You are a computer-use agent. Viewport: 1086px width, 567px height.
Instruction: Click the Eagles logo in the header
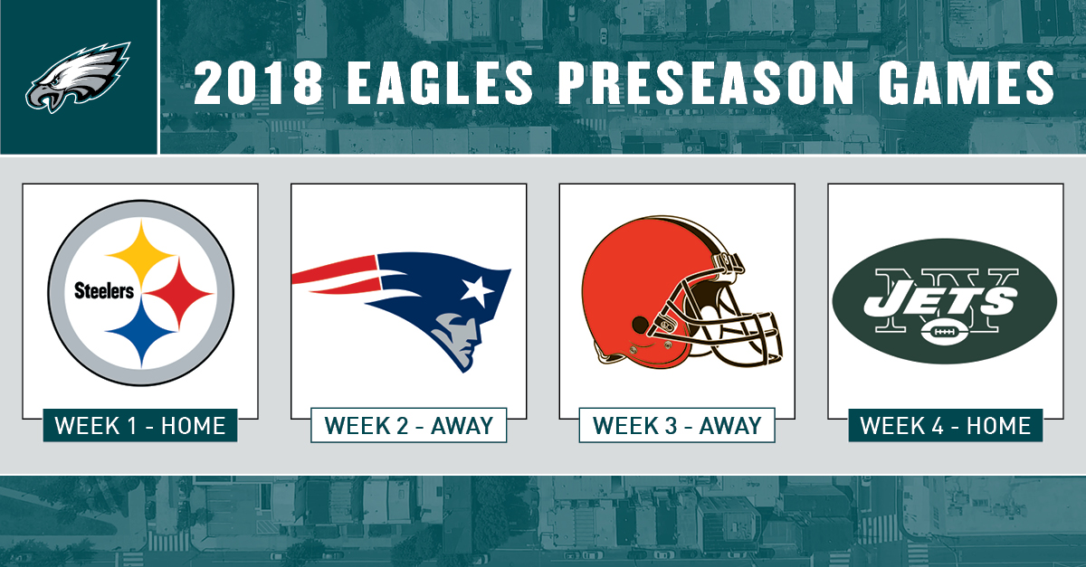pos(78,78)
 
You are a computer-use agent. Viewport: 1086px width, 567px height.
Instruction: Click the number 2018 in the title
pos(259,83)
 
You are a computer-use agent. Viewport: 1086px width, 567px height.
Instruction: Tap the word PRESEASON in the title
pos(705,83)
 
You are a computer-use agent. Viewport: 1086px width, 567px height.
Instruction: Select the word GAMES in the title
pos(966,83)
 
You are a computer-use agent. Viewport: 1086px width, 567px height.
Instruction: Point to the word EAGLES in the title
pos(440,83)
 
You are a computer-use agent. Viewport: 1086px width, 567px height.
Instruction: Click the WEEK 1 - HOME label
pos(140,426)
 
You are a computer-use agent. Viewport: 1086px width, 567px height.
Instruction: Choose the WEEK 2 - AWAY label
pos(409,426)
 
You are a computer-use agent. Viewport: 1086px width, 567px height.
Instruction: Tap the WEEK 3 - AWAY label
pos(677,426)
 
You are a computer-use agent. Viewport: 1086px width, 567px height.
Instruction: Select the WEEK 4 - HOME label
pos(946,426)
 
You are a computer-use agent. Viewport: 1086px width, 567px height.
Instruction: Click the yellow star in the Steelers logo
pos(141,254)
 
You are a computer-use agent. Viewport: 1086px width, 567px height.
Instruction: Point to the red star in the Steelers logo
pos(179,293)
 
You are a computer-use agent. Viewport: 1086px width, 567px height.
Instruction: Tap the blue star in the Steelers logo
pos(141,333)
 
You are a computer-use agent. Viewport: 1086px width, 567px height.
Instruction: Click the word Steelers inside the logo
pos(104,291)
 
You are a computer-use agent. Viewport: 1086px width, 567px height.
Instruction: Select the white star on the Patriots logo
pos(477,289)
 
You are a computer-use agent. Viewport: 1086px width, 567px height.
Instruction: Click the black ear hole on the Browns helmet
pos(640,323)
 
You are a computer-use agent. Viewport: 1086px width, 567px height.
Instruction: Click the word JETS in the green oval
pos(939,301)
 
